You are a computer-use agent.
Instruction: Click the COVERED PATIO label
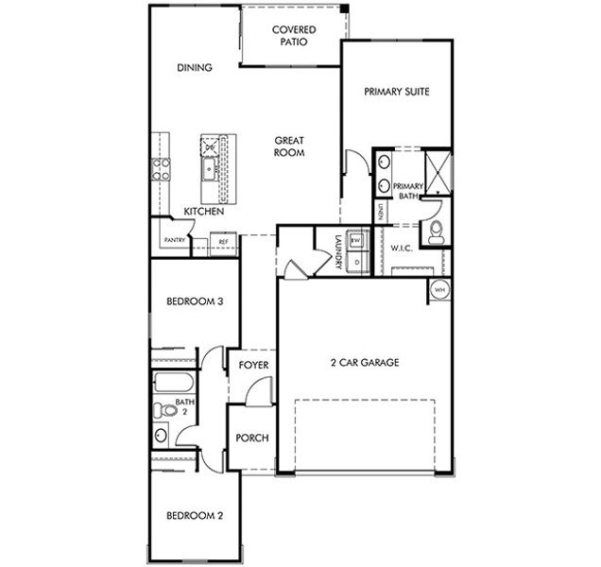point(294,36)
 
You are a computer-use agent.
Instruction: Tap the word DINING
point(194,67)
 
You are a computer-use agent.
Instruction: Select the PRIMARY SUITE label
point(397,93)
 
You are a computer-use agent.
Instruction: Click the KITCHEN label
point(203,212)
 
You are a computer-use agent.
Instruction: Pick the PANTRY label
point(174,241)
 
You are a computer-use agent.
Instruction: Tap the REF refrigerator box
point(224,242)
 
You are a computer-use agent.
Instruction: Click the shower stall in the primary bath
point(438,170)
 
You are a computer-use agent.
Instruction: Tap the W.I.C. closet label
point(404,249)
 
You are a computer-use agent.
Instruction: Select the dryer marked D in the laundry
point(356,262)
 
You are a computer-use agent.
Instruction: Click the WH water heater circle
point(439,290)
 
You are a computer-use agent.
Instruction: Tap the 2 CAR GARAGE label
point(364,362)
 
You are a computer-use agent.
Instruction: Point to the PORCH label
point(252,438)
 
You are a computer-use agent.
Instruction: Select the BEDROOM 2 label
point(195,516)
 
